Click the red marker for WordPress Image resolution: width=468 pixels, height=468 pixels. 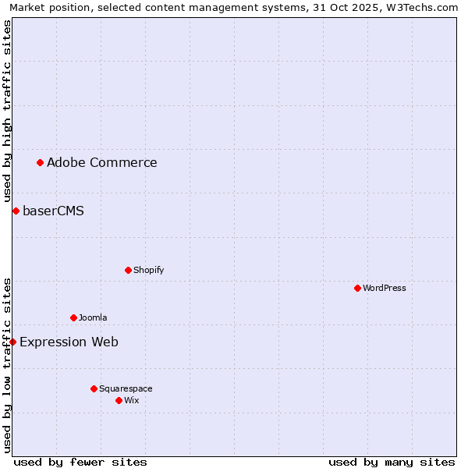[357, 288]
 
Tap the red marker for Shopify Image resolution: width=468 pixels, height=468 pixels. [128, 270]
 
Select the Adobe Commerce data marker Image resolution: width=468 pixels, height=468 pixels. [40, 162]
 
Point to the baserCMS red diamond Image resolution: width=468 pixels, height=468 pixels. [16, 211]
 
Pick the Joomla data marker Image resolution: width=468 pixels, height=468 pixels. [73, 317]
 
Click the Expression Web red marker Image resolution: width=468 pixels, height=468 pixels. [12, 342]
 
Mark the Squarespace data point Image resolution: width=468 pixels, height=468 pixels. [94, 388]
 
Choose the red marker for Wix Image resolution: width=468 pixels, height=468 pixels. [119, 400]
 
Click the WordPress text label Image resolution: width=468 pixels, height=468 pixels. [385, 288]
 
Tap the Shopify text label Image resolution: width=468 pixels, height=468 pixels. [148, 270]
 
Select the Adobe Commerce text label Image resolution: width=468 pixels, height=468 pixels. [102, 162]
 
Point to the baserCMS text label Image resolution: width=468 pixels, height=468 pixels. [53, 211]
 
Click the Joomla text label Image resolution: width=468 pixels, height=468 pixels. [93, 317]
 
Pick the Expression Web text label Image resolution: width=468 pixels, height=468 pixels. [69, 342]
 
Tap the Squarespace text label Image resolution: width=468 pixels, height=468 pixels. [126, 388]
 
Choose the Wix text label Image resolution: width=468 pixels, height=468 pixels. [132, 400]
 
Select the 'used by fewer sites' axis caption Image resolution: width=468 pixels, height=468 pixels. [80, 462]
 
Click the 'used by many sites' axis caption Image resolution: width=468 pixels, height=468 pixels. [392, 462]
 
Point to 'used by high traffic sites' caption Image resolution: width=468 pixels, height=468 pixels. [7, 111]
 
